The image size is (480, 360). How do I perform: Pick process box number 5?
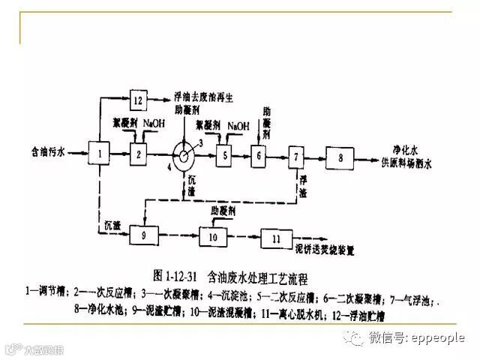tap(223, 156)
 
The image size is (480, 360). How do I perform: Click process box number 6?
tap(258, 156)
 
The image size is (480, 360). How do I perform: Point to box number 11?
tap(276, 238)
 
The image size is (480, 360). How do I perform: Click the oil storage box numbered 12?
tap(137, 99)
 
